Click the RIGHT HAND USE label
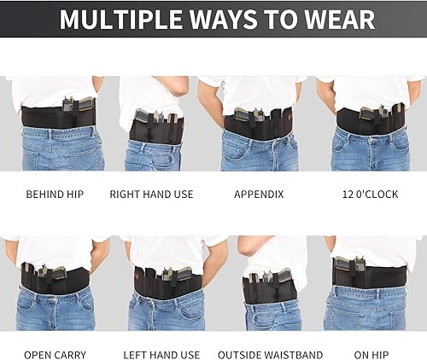[x=151, y=195]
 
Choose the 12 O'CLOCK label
[x=370, y=195]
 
